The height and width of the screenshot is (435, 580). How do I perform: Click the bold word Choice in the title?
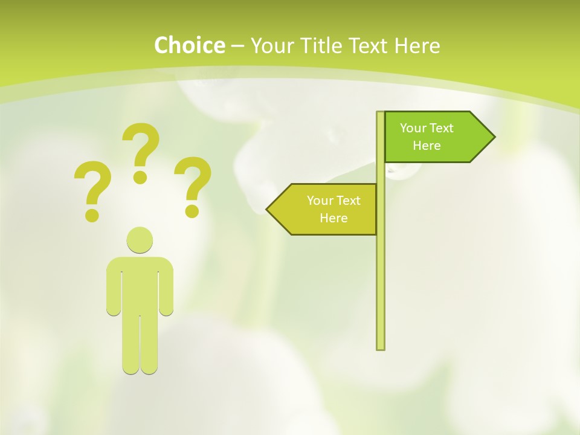tap(189, 46)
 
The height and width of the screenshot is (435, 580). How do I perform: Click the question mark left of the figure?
tap(92, 188)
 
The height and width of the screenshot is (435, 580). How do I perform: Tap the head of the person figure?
tap(140, 240)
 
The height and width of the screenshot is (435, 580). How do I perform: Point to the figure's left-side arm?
tap(113, 290)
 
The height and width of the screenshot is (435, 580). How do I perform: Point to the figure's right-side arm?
tap(167, 290)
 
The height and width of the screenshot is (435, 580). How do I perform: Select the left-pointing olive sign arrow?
tap(326, 209)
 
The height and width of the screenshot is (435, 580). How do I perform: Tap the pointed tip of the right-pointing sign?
tap(493, 137)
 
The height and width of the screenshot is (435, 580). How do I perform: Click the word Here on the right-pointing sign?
tap(427, 146)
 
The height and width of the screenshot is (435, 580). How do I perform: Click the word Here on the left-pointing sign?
tap(333, 218)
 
